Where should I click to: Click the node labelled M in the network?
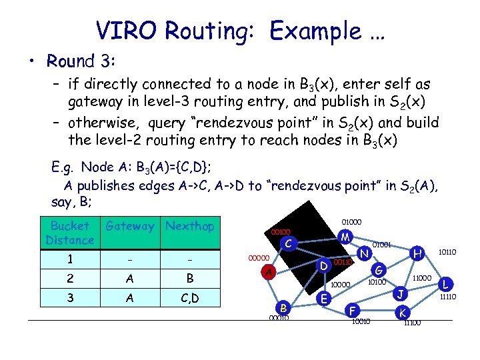(x=345, y=237)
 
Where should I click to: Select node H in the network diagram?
(x=417, y=253)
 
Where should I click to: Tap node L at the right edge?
(x=447, y=284)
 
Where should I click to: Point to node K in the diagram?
(x=402, y=313)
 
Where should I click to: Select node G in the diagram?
(x=378, y=271)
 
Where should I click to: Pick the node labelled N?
(x=364, y=254)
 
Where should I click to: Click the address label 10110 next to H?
(x=447, y=253)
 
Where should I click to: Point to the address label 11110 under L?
(x=447, y=298)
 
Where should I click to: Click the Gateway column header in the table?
(x=130, y=227)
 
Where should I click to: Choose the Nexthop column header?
(x=190, y=227)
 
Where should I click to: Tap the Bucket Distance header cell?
(x=69, y=233)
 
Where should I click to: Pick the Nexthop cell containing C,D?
(x=190, y=299)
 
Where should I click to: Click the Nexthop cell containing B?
(x=190, y=278)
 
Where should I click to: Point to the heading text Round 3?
(x=81, y=61)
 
